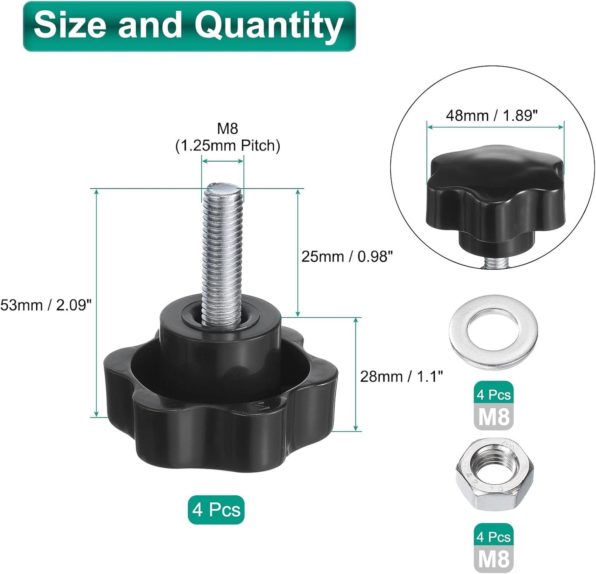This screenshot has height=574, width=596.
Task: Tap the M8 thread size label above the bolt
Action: coord(227,129)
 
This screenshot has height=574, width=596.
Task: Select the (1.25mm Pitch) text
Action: coord(228,146)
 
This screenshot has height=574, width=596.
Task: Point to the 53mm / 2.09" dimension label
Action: coord(46,305)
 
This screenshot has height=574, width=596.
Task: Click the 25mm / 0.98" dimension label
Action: coord(347,256)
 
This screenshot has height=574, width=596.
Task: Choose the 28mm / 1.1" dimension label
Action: coord(401,376)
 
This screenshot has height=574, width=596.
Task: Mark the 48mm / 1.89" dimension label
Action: coord(492,116)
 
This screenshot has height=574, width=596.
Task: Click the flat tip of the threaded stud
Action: coord(223,187)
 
